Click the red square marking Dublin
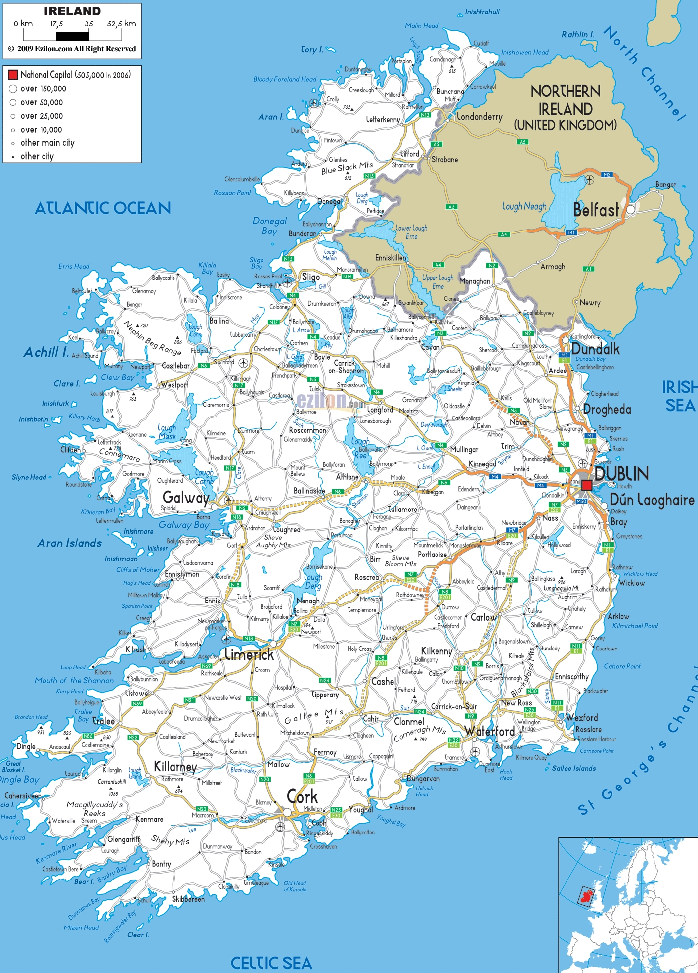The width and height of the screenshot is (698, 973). tap(586, 485)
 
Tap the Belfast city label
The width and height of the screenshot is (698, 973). tap(596, 210)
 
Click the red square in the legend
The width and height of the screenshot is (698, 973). tap(13, 75)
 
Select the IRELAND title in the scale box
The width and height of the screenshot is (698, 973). tap(72, 11)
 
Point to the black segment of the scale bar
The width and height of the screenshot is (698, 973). tap(72, 36)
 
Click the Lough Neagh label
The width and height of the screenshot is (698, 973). tap(524, 206)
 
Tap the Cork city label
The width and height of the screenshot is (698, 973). tap(303, 797)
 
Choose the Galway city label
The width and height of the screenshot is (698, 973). tap(186, 497)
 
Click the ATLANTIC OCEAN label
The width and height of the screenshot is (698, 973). tap(102, 208)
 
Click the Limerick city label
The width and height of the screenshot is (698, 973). tap(249, 655)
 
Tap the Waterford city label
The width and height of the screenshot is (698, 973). tap(489, 731)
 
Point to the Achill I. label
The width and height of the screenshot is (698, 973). tap(46, 352)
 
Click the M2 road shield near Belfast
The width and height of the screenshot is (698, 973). tap(607, 174)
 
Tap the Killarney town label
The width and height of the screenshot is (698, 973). tap(175, 767)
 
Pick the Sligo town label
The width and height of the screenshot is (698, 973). tap(310, 277)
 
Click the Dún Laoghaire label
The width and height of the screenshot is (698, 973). tap(652, 500)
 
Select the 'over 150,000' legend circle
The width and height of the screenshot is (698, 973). tap(13, 89)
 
